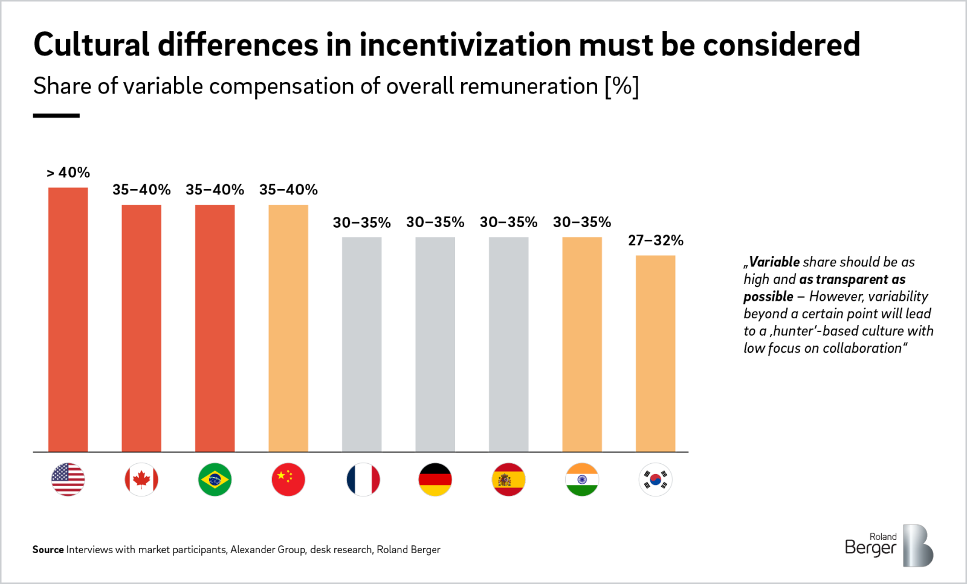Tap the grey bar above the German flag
[x=435, y=344]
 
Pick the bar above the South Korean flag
[x=655, y=353]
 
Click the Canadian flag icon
[x=141, y=480]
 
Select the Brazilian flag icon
[x=215, y=480]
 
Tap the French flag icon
[x=363, y=480]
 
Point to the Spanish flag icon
[x=508, y=480]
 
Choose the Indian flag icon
[x=582, y=480]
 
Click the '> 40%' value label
[x=68, y=173]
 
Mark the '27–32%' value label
[x=655, y=240]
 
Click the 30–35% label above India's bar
[x=582, y=222]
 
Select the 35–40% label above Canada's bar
[x=141, y=190]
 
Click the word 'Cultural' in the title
[x=91, y=45]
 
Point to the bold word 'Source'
[x=48, y=550]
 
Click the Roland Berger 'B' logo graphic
[x=917, y=545]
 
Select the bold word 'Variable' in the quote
[x=774, y=262]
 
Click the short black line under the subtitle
[x=56, y=115]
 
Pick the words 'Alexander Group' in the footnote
[x=268, y=550]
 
